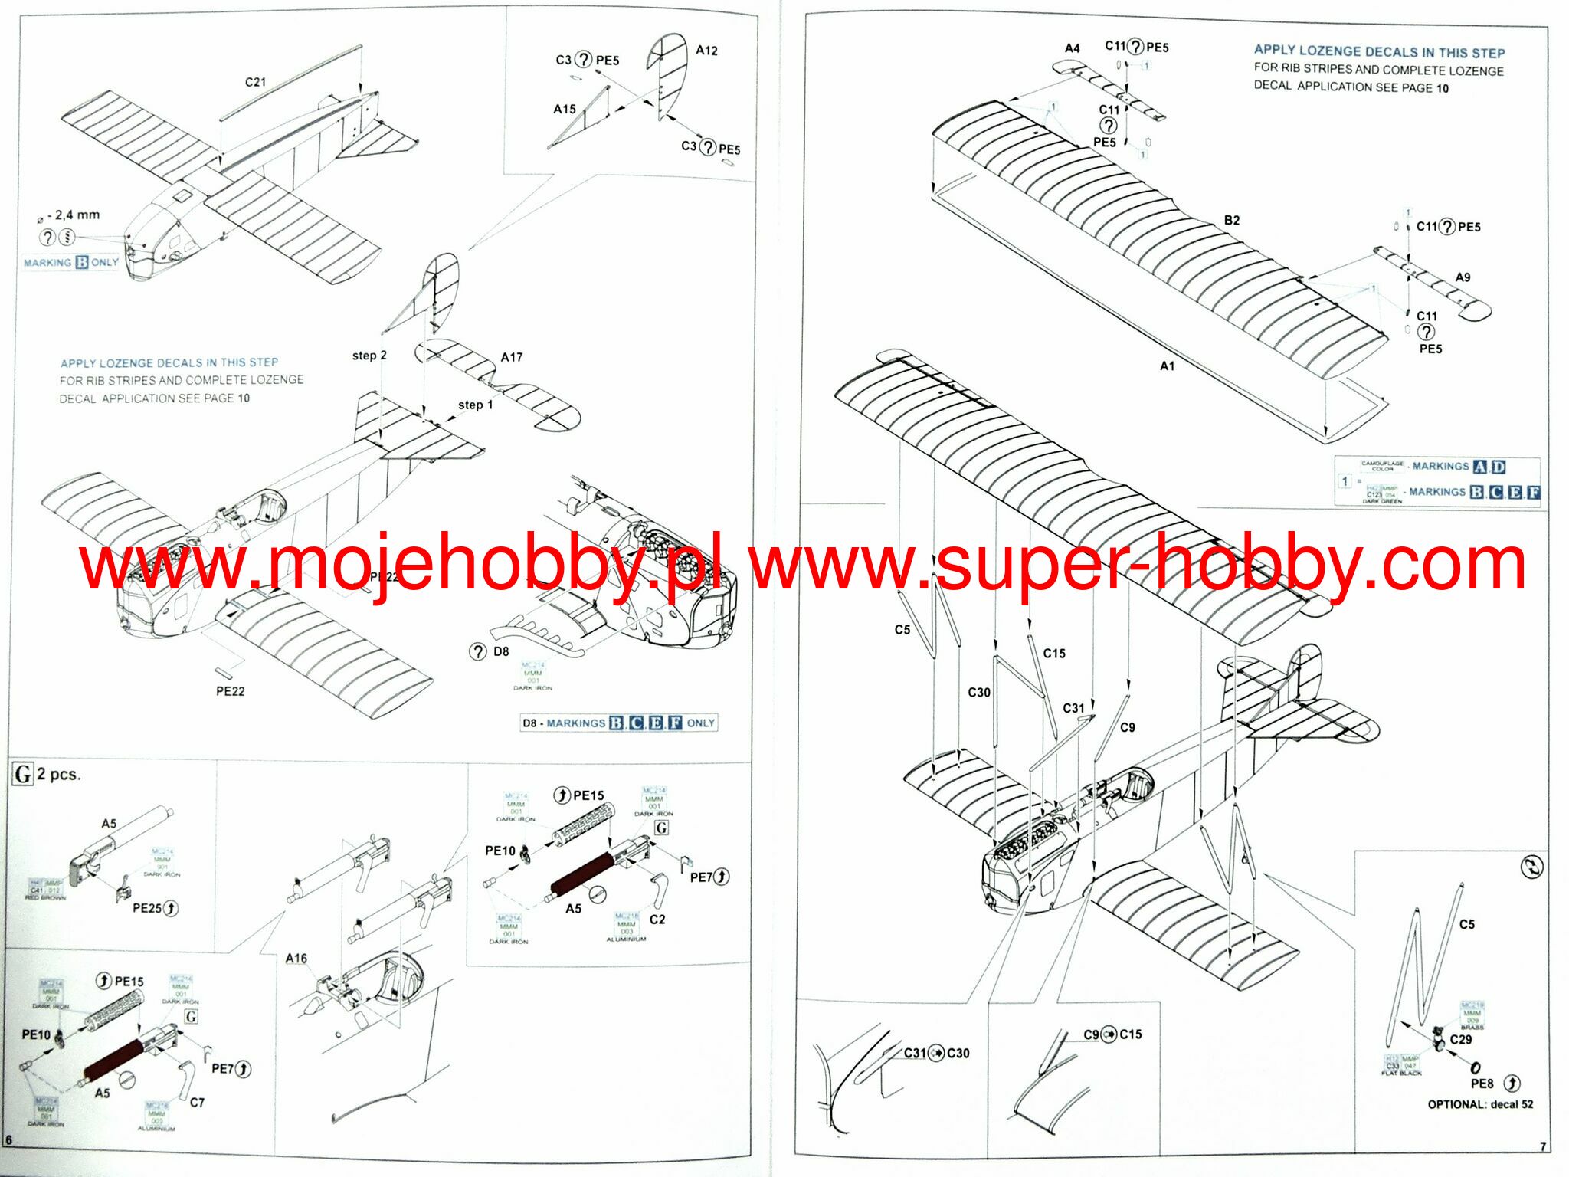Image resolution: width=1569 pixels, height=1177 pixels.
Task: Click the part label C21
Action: click(x=255, y=82)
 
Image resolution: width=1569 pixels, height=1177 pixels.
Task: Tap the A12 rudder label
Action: click(x=706, y=51)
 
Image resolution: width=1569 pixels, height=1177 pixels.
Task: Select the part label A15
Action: click(x=565, y=109)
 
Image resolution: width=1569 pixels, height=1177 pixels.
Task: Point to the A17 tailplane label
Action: click(x=512, y=357)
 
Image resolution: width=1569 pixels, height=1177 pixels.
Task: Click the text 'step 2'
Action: click(x=369, y=356)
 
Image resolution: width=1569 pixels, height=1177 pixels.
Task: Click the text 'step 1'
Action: click(x=475, y=405)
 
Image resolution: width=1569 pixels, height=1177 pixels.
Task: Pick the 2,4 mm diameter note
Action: click(x=74, y=215)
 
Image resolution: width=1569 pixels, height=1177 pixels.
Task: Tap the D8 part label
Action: click(x=501, y=651)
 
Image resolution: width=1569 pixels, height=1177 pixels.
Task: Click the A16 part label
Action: click(x=296, y=958)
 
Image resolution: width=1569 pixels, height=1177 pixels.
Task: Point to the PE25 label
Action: click(x=146, y=908)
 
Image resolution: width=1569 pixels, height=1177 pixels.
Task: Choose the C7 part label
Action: click(x=197, y=1103)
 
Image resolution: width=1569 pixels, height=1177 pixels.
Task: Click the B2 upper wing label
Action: click(x=1231, y=221)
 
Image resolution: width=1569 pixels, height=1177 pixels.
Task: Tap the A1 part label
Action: click(x=1167, y=366)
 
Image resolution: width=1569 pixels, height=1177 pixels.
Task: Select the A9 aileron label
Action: click(x=1463, y=277)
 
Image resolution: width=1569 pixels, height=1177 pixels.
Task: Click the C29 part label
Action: click(x=1460, y=1040)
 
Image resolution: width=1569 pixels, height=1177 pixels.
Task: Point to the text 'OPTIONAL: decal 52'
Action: click(x=1480, y=1104)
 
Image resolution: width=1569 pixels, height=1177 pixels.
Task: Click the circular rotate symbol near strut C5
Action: click(x=1531, y=867)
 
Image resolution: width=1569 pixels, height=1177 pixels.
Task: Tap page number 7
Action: click(x=1543, y=1147)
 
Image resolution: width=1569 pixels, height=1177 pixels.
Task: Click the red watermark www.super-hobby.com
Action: click(x=1137, y=565)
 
